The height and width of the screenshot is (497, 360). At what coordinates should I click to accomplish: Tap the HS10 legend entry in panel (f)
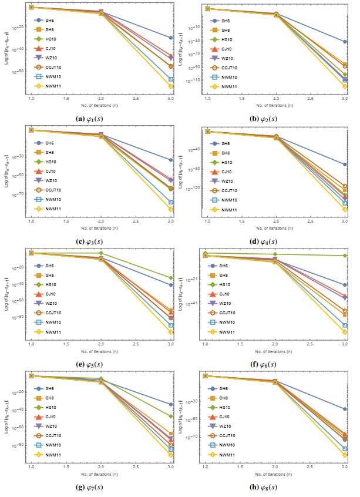[223, 284]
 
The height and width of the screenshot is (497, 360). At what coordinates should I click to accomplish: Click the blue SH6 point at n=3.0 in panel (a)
[171, 38]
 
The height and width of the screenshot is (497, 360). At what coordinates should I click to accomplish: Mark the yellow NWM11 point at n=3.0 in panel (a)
[171, 86]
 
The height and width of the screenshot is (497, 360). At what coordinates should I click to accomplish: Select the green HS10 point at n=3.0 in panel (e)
[171, 278]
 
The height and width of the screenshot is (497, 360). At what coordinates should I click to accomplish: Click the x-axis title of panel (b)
[274, 106]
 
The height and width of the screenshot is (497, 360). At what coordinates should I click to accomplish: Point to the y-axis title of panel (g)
[6, 416]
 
